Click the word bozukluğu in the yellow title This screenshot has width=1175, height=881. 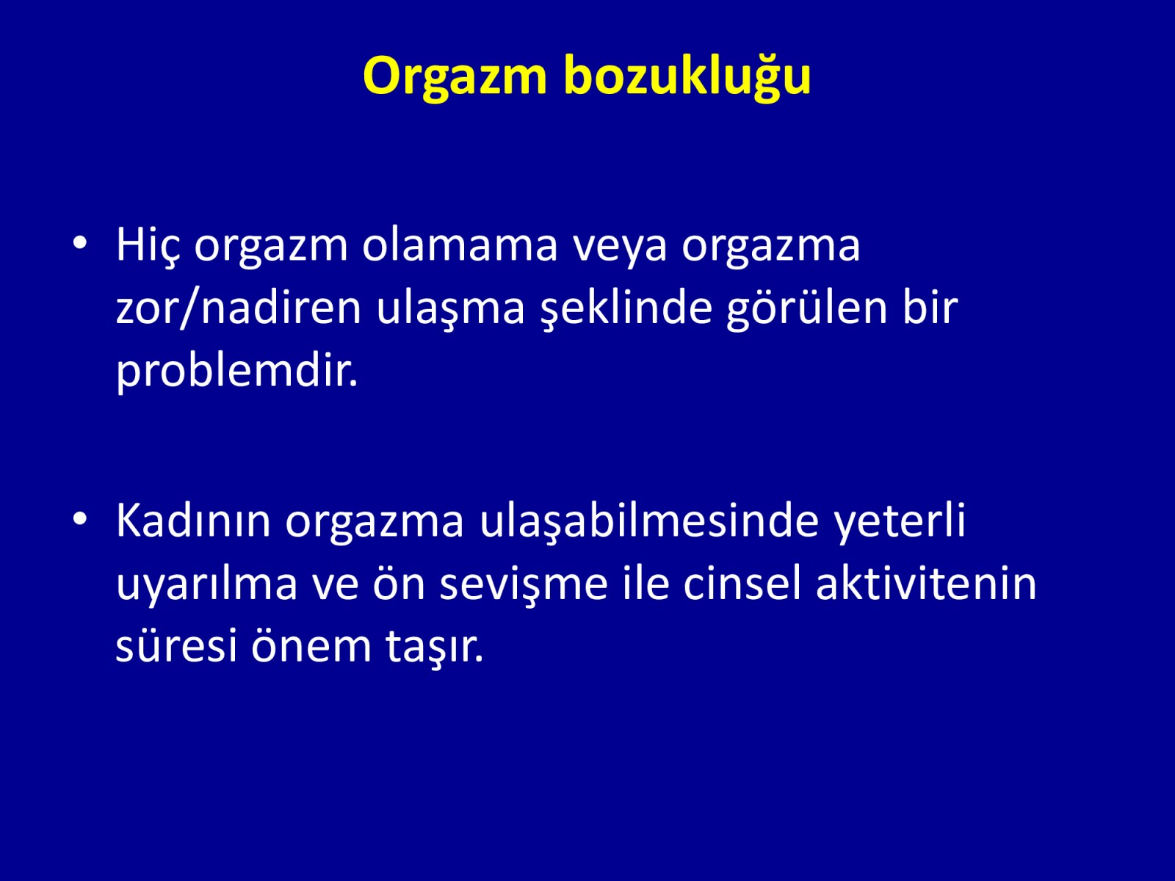coord(688,76)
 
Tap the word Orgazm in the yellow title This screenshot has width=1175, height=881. coord(455,76)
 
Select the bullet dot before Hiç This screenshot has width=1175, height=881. coord(80,243)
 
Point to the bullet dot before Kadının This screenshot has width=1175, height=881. coord(80,518)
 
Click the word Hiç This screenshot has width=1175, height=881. coord(148,245)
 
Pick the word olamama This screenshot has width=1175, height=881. coord(460,245)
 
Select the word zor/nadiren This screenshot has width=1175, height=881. coord(239,309)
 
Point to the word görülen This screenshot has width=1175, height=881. coord(807,311)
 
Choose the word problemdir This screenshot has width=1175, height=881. coord(236,372)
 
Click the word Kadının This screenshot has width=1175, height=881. coord(193,520)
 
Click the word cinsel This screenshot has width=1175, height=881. coord(742,582)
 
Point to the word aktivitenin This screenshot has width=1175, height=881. coord(926,582)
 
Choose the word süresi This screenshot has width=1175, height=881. coord(176,645)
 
